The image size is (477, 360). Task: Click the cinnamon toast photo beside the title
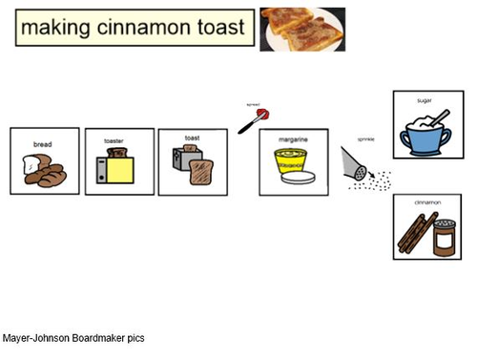point(301,28)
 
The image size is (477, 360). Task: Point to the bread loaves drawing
point(44,170)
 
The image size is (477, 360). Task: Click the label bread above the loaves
point(42,145)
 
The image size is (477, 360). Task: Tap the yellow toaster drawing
point(119,169)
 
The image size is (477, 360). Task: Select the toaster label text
point(114,141)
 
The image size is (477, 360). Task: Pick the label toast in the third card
point(191,138)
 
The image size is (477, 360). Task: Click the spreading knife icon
point(253,119)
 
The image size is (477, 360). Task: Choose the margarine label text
point(293,139)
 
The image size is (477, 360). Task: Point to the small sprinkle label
point(365,139)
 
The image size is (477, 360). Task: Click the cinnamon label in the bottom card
point(426,203)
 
